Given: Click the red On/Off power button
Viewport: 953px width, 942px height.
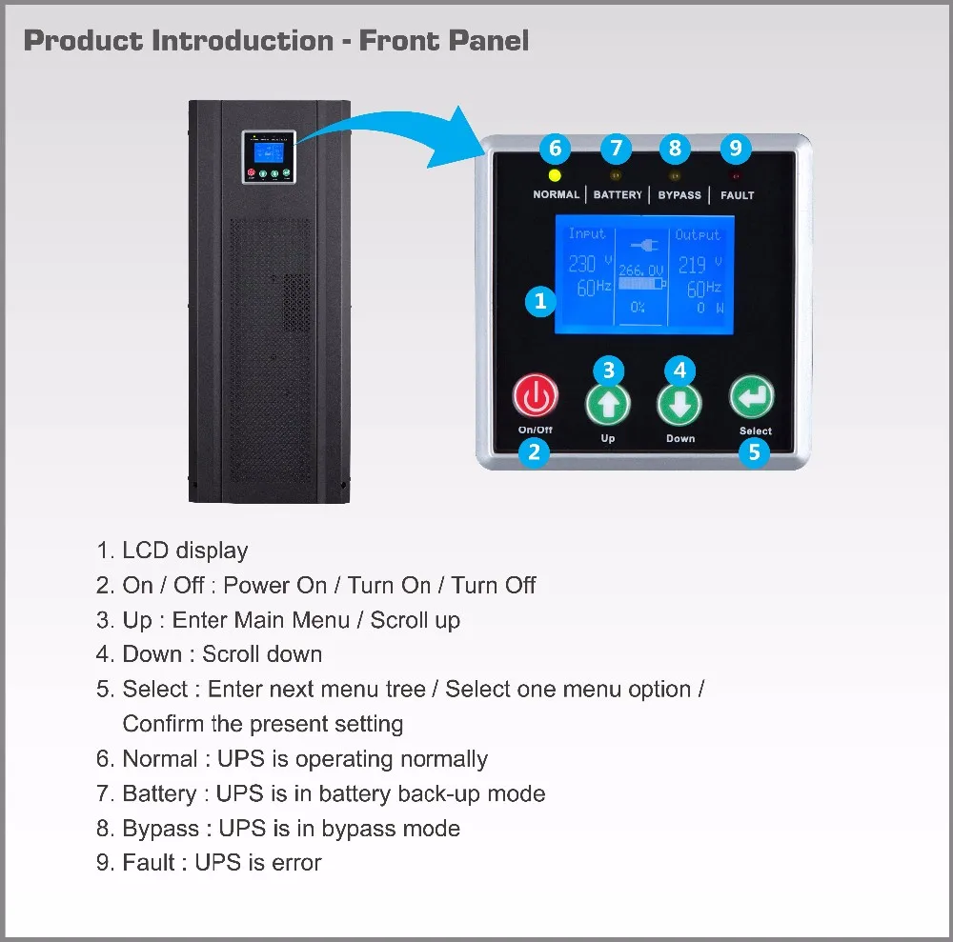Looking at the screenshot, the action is point(535,396).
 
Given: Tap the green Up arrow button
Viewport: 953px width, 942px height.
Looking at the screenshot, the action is point(608,403).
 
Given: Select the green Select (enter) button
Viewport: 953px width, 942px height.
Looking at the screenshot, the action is point(752,396).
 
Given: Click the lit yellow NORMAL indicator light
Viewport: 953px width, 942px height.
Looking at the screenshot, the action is point(556,175).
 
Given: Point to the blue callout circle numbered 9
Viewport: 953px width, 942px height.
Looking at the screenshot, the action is point(734,149).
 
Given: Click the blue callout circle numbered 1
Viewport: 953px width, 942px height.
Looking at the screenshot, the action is point(540,302).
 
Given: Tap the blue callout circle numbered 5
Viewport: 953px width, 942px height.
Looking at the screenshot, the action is point(754,452).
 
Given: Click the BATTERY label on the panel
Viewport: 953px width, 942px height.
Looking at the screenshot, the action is point(618,195).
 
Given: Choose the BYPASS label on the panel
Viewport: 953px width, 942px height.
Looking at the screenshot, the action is point(679,195).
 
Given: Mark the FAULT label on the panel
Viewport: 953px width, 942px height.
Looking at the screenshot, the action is point(737,195).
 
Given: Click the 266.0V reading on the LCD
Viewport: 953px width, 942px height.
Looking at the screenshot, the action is point(640,271).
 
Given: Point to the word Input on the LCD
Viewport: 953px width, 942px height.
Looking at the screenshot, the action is point(587,233).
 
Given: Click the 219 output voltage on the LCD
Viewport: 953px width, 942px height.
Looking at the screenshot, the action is point(693,264).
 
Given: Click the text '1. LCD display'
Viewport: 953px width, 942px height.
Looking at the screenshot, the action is point(172,551).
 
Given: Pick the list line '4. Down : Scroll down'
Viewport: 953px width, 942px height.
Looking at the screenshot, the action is point(209,654).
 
